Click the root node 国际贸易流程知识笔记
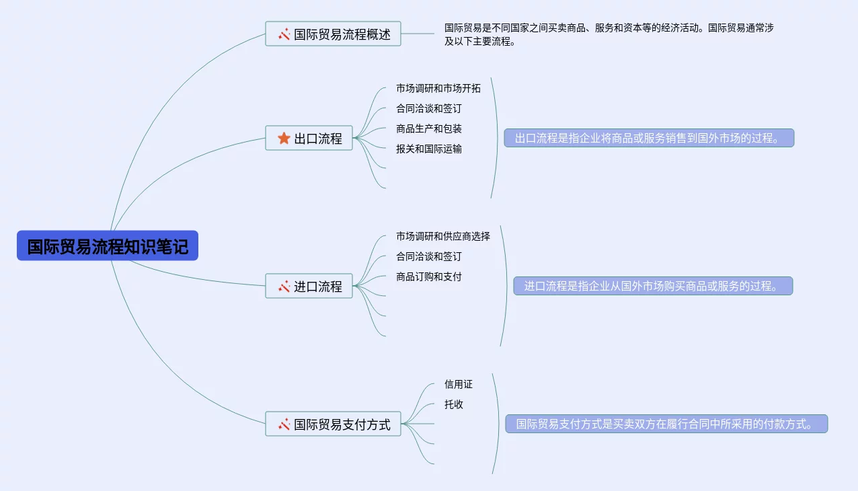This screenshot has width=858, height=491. coord(108,246)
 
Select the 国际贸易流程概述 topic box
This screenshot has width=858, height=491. coord(333,34)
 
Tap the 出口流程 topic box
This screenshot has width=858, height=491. coord(309,139)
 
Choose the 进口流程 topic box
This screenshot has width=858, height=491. coord(309,287)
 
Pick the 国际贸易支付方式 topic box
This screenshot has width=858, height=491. coord(333,424)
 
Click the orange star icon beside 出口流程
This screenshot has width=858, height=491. coord(284,139)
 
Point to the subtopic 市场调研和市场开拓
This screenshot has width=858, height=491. coord(438,89)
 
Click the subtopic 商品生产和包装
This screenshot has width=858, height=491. coord(428,129)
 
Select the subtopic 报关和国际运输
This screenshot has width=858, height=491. coord(428,149)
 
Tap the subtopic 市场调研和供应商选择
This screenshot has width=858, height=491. coord(442,237)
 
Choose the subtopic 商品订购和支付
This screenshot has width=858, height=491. coord(428,277)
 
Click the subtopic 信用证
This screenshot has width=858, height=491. coord(458,385)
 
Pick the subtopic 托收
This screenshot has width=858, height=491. coord(453,405)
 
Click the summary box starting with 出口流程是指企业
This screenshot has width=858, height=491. coord(649,139)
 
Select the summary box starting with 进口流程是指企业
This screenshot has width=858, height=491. coord(653,287)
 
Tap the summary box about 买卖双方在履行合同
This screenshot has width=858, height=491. coord(666,424)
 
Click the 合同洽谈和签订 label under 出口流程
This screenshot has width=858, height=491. coord(428,109)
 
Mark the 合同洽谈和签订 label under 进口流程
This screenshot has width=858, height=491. coord(428,257)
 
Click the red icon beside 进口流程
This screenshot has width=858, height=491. coord(284,287)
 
